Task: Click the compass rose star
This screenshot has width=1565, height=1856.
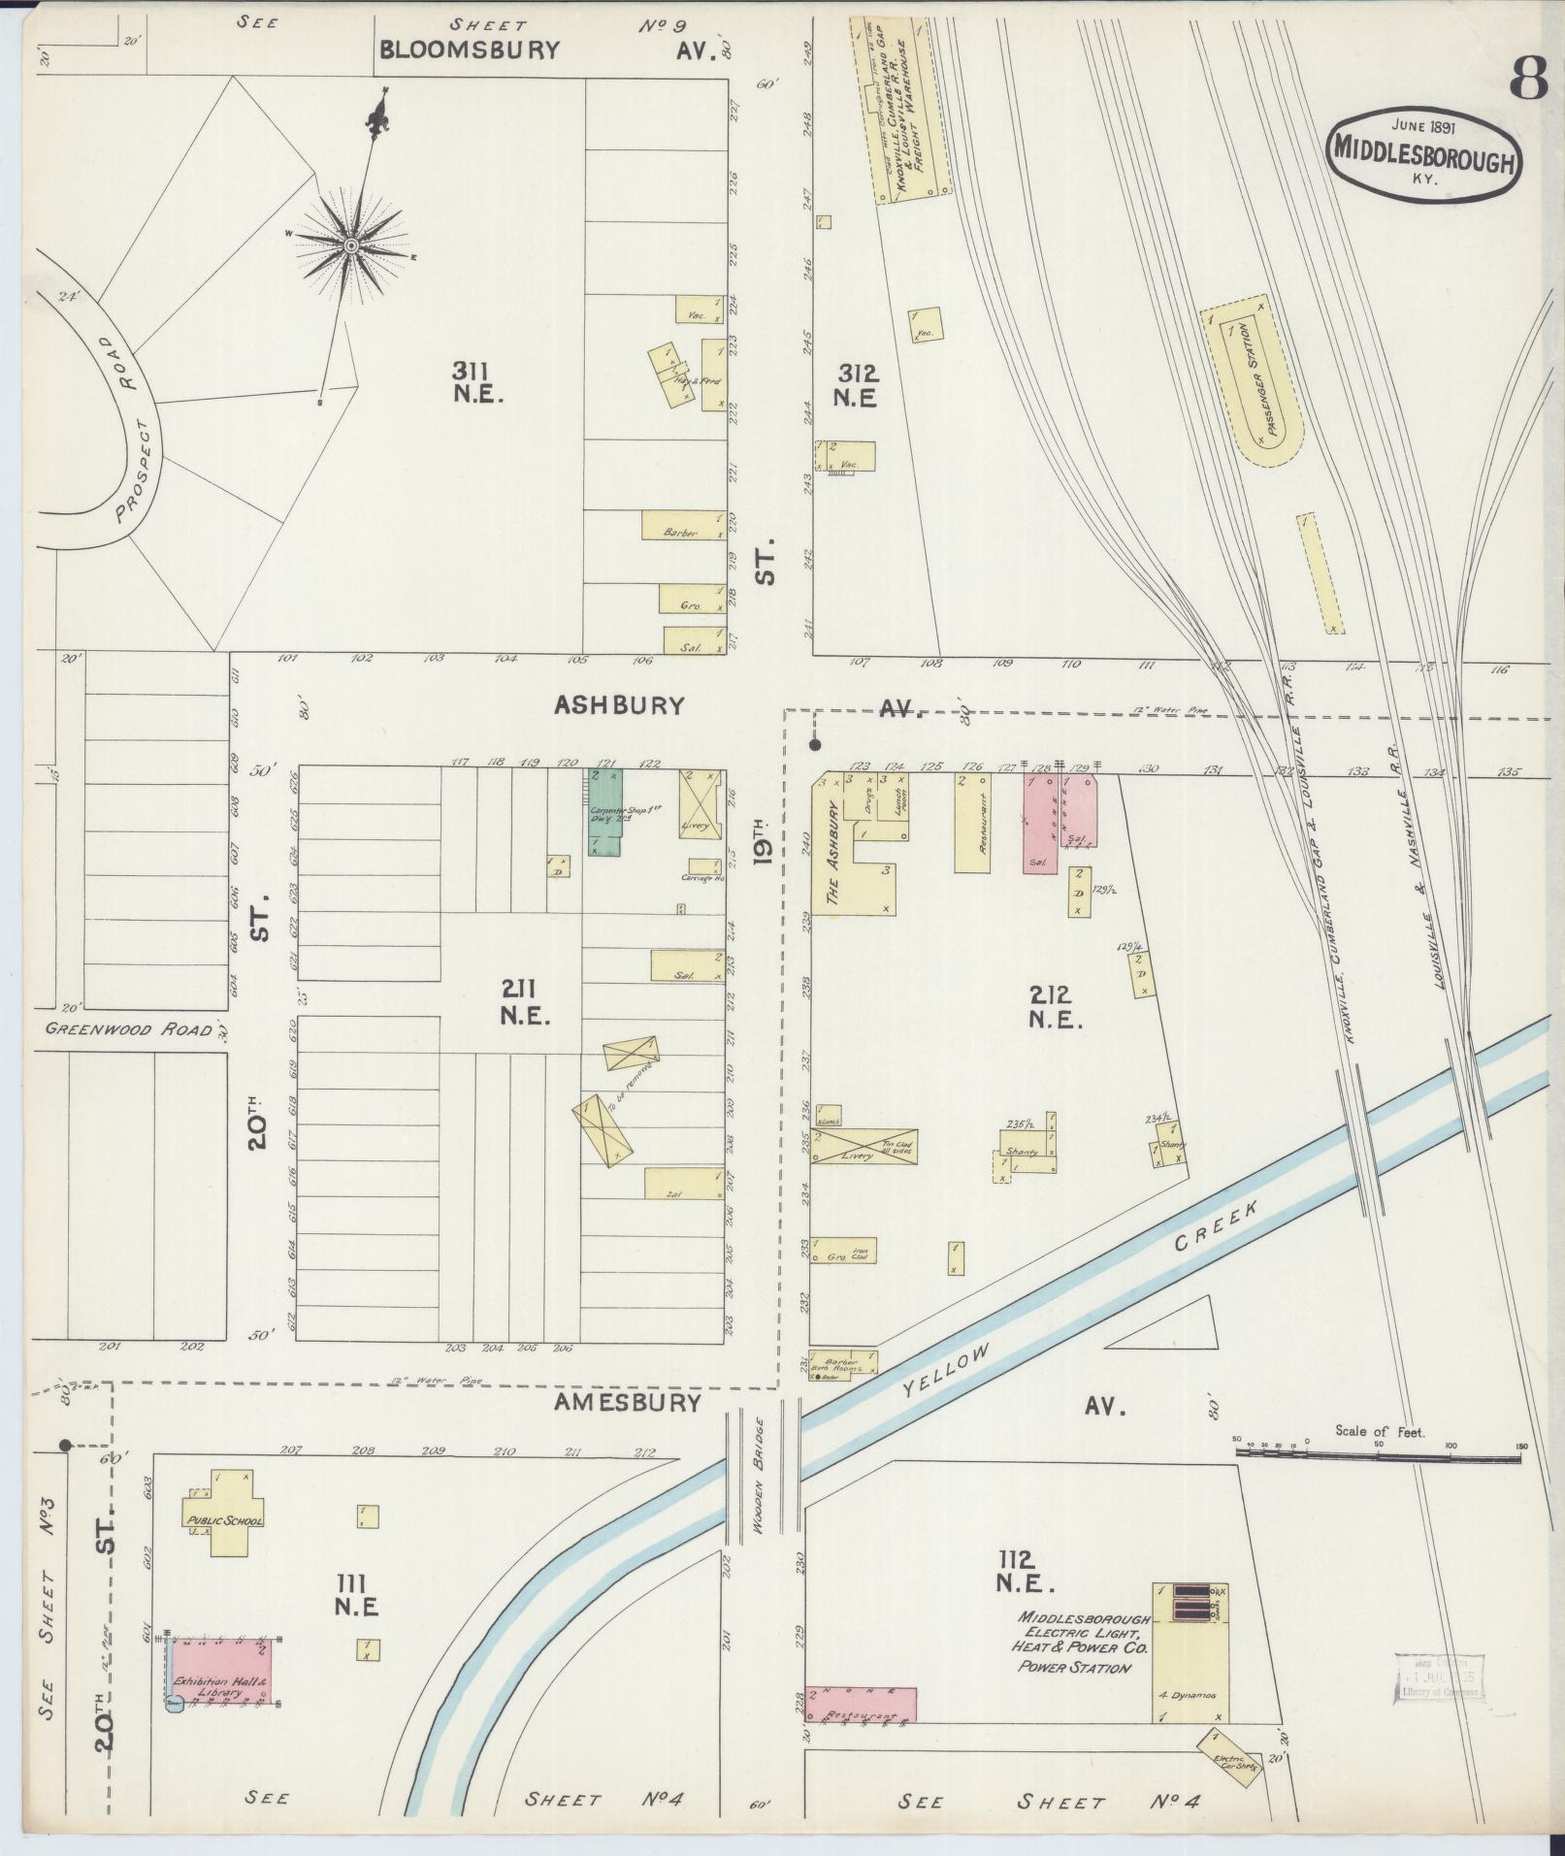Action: (x=350, y=247)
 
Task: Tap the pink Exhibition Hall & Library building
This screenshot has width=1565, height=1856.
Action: (x=223, y=1670)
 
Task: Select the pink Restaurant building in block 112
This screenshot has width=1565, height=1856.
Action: (x=861, y=1704)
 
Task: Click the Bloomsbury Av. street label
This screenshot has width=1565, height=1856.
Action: (x=470, y=50)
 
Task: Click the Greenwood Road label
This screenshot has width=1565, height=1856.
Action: (x=127, y=1029)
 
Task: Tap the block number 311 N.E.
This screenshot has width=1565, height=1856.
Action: (x=476, y=381)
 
